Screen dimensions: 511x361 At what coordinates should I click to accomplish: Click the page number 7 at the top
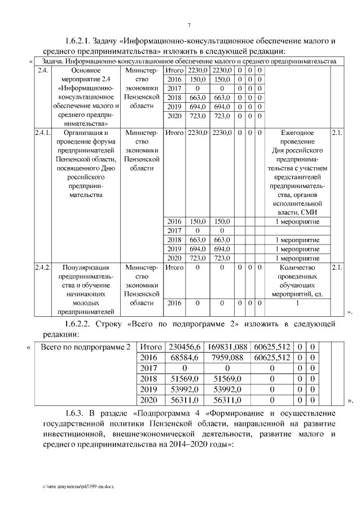pos(189,25)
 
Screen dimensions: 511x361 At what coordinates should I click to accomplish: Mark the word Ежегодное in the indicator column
pos(297,133)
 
